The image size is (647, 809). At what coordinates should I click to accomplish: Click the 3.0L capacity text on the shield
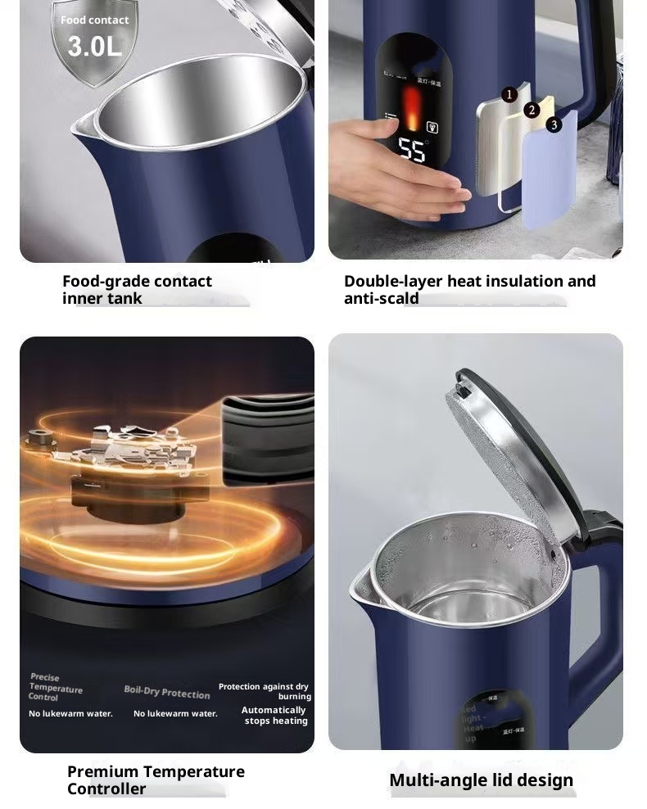[x=94, y=47]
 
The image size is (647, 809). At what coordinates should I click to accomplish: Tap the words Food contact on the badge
[x=94, y=20]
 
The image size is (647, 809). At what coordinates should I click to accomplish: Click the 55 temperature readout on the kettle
[x=412, y=150]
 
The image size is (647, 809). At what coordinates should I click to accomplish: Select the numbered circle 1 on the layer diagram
[x=509, y=95]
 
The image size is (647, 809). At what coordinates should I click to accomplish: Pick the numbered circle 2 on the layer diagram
[x=532, y=110]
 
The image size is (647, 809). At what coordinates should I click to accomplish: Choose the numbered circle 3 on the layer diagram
[x=554, y=124]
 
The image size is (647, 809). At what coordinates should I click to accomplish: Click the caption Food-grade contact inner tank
[x=137, y=290]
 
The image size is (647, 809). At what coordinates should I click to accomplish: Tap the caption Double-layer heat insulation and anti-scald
[x=469, y=290]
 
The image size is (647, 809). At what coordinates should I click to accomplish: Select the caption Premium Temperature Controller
[x=156, y=780]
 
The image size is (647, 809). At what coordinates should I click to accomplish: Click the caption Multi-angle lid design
[x=481, y=780]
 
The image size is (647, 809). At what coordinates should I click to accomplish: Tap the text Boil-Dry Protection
[x=167, y=693]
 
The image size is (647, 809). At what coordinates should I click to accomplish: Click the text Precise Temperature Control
[x=55, y=687]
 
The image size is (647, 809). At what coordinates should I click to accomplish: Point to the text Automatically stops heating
[x=274, y=716]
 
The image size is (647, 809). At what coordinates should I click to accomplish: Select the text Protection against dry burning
[x=265, y=691]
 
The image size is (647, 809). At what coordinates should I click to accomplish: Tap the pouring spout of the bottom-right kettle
[x=361, y=584]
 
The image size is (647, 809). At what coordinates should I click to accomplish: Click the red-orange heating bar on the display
[x=412, y=111]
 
